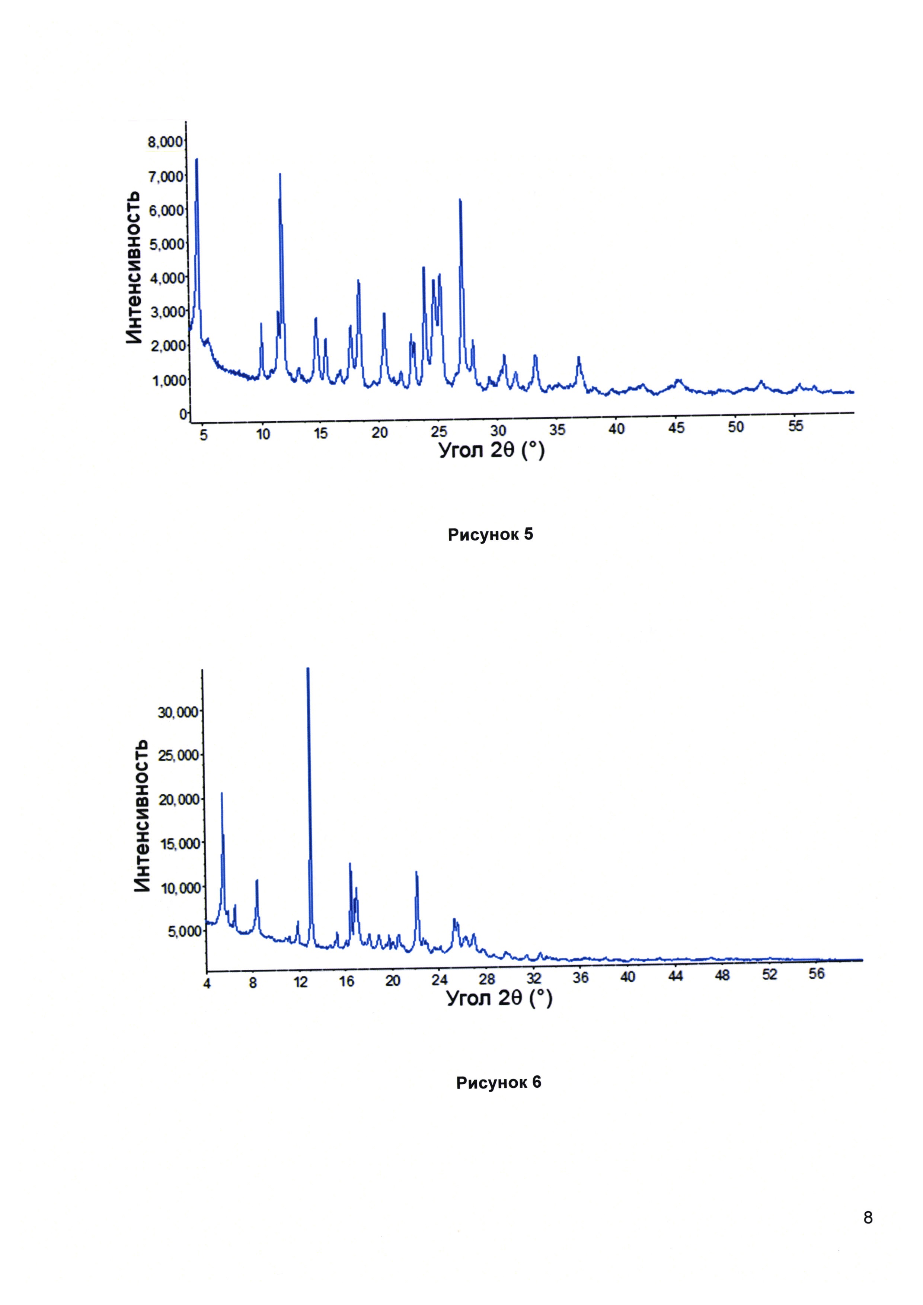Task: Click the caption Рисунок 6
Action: [x=498, y=1083]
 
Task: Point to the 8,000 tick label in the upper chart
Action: [x=165, y=142]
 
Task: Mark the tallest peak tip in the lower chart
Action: [x=307, y=669]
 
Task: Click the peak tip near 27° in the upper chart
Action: [x=460, y=200]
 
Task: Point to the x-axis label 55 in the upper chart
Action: [x=796, y=426]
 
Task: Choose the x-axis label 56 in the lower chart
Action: [x=816, y=974]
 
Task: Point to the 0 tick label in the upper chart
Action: [x=182, y=415]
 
